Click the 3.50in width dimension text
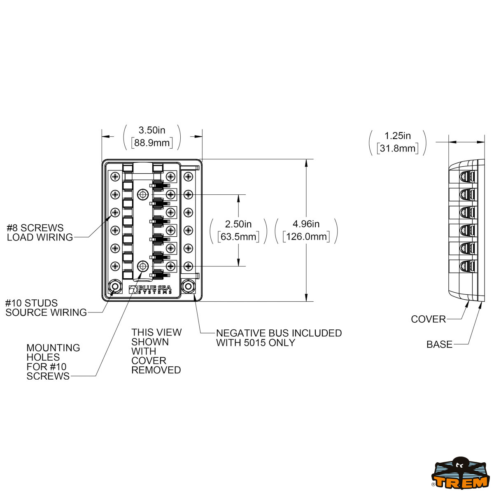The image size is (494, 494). (152, 130)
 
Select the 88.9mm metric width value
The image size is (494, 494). (152, 143)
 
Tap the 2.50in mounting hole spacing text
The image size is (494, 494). (238, 224)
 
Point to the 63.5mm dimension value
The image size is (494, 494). (238, 237)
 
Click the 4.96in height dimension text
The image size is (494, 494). (306, 224)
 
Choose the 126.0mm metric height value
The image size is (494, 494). (306, 237)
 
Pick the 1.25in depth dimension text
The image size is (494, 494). (397, 136)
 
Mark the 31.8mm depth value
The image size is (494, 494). (397, 148)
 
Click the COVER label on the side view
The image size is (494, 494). (428, 319)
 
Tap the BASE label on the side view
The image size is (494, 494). (439, 345)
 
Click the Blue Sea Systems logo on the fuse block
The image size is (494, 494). (151, 289)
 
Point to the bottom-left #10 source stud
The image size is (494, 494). (114, 287)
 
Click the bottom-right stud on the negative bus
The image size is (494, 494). (189, 286)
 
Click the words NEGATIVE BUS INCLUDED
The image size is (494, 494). (279, 333)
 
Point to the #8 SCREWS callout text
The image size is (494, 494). (35, 228)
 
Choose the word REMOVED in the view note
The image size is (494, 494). (156, 370)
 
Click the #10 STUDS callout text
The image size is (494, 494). (31, 303)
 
